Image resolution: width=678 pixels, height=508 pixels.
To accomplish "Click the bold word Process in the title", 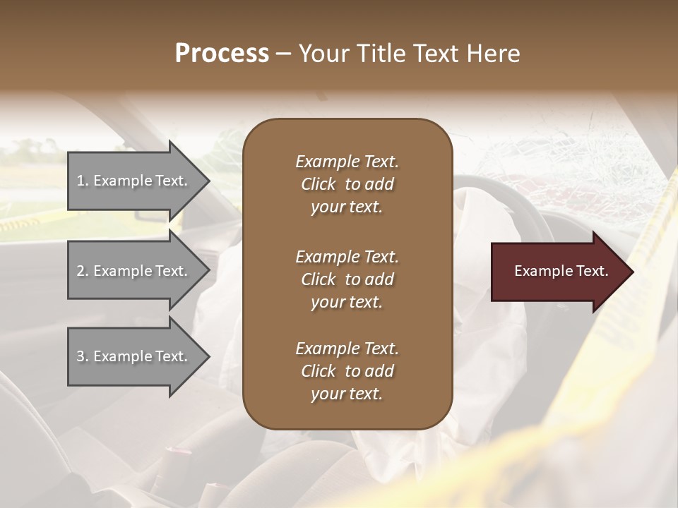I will pyautogui.click(x=222, y=54).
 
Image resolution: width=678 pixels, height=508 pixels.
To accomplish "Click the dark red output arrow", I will pyautogui.click(x=558, y=272).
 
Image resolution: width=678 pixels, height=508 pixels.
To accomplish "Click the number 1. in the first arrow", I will pyautogui.click(x=82, y=181).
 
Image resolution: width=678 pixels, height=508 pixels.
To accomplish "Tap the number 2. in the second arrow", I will pyautogui.click(x=82, y=271).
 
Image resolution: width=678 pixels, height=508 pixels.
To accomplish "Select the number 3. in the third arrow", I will pyautogui.click(x=82, y=356).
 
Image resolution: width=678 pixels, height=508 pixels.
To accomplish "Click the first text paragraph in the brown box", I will pyautogui.click(x=347, y=184).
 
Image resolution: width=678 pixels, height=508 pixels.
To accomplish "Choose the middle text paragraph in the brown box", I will pyautogui.click(x=347, y=279).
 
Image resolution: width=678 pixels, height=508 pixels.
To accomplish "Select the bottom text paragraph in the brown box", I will pyautogui.click(x=347, y=371).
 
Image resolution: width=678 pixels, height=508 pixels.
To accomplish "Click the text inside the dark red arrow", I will pyautogui.click(x=561, y=271).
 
